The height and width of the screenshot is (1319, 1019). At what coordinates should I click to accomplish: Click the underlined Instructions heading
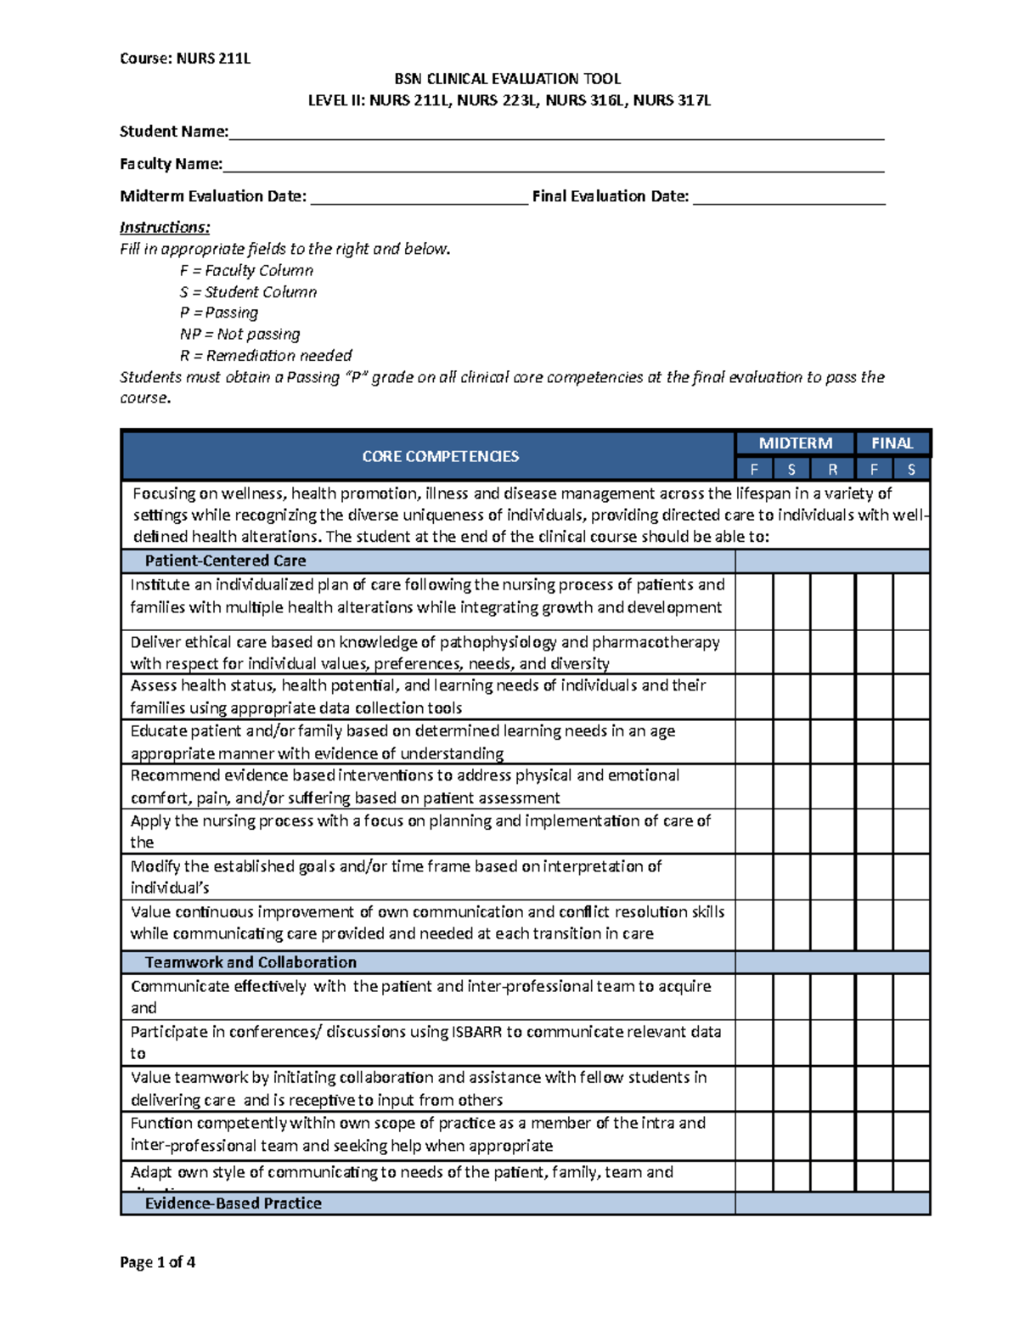tap(165, 228)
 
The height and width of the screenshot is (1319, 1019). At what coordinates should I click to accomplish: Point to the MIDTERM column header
tap(795, 443)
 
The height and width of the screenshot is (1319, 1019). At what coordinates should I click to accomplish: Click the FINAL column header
tap(892, 443)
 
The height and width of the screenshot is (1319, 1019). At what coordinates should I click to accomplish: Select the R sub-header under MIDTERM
tap(832, 470)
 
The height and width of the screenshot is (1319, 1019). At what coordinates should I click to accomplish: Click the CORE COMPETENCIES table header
tap(440, 457)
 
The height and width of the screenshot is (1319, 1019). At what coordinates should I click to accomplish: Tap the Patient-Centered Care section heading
tap(225, 561)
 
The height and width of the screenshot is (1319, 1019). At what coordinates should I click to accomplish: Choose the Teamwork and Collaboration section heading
tap(251, 962)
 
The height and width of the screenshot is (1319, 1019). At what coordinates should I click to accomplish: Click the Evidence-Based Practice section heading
tap(233, 1203)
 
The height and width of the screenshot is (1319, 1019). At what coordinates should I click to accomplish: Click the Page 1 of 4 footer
tap(158, 1262)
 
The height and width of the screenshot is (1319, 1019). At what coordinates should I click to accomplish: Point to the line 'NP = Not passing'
tap(239, 335)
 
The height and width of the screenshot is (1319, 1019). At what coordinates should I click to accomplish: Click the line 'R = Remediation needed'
tap(265, 356)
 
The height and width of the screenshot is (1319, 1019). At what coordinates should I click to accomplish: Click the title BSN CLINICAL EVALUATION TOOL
tap(508, 79)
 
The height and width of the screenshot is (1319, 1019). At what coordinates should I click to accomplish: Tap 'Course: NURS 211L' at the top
tap(185, 59)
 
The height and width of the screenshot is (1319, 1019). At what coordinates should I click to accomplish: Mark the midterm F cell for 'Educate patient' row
tap(754, 741)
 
